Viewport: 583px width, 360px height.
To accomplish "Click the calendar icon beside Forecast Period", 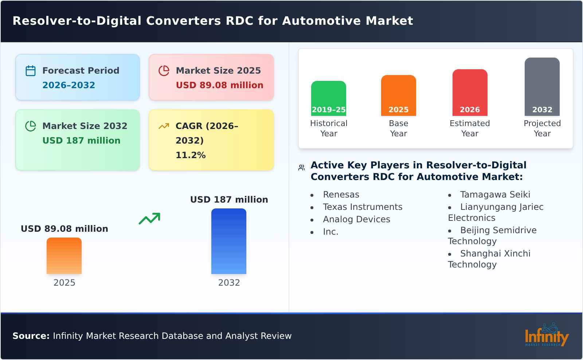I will [31, 71].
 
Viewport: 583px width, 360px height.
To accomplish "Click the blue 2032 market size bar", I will [229, 241].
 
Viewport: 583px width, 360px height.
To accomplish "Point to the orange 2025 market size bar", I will [64, 255].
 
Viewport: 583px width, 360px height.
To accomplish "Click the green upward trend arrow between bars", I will [149, 219].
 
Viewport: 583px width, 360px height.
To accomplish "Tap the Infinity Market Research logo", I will [546, 335].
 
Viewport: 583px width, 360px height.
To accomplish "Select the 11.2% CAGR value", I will [191, 155].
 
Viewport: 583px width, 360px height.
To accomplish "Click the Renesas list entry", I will [341, 195].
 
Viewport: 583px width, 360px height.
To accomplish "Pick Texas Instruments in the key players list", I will [363, 207].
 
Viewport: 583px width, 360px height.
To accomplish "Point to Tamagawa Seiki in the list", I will [495, 195].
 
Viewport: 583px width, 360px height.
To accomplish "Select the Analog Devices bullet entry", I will [356, 219].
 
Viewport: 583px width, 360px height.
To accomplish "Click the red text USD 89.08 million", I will [219, 85].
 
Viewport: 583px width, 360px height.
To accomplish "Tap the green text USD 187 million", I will [81, 141].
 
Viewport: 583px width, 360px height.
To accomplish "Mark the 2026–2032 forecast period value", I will [69, 85].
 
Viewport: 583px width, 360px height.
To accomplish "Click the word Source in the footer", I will [31, 336].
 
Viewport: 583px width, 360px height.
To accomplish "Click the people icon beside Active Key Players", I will [301, 168].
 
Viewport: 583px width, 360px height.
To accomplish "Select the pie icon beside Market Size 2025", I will [164, 71].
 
